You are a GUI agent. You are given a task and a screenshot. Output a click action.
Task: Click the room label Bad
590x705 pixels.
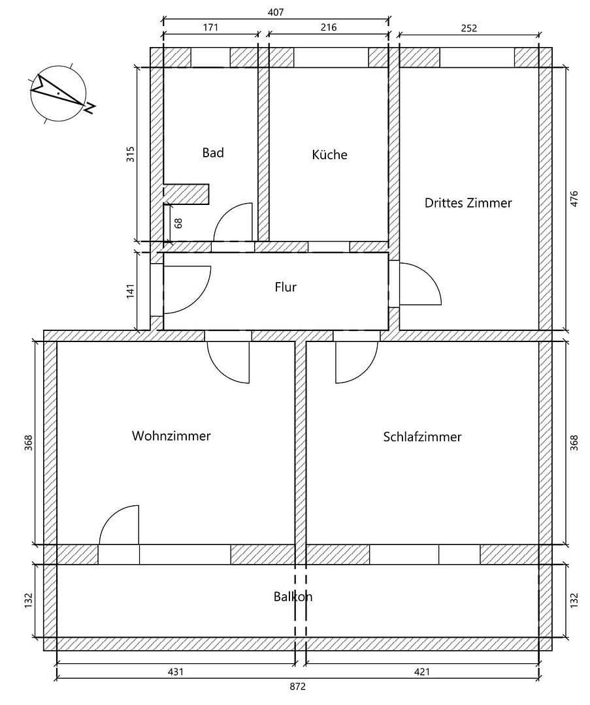click(x=213, y=153)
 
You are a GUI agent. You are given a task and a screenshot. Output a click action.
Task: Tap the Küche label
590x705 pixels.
click(x=329, y=155)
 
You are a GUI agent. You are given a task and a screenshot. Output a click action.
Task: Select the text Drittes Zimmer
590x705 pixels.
click(x=468, y=203)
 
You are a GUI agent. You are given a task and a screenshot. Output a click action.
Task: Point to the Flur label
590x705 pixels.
click(x=286, y=287)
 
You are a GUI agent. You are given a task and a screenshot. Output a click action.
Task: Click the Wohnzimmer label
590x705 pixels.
click(x=171, y=436)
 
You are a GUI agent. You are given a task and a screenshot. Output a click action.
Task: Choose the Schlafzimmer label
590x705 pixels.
click(x=422, y=437)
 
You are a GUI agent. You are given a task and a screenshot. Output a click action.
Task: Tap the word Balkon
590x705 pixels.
click(x=293, y=597)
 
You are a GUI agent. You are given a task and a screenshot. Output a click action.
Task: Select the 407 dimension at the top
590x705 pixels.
click(x=276, y=12)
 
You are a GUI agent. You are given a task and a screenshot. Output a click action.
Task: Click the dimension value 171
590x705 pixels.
click(x=210, y=27)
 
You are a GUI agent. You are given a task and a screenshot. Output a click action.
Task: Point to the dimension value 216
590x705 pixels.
click(x=329, y=27)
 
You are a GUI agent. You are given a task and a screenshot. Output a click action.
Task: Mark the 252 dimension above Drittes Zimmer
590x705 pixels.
click(x=469, y=27)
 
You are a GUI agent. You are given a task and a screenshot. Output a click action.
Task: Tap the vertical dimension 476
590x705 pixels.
click(x=574, y=198)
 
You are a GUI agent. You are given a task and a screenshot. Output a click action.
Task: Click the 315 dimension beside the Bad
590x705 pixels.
click(x=130, y=154)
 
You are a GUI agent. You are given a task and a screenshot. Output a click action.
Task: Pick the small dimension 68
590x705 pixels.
click(x=178, y=223)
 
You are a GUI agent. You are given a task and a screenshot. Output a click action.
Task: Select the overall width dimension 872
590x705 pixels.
click(x=297, y=687)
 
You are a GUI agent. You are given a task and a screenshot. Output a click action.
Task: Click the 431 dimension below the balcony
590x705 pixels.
click(x=176, y=671)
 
